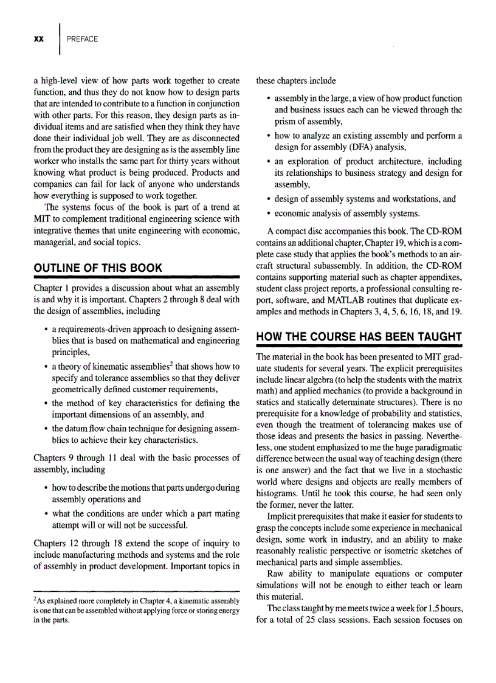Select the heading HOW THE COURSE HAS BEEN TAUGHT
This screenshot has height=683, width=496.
(x=360, y=337)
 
